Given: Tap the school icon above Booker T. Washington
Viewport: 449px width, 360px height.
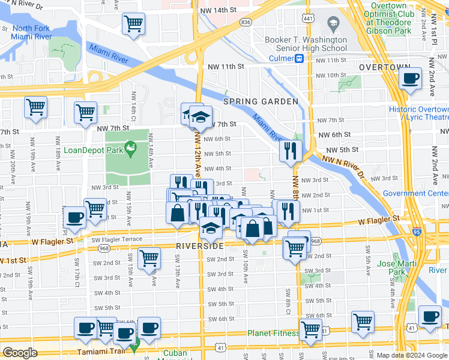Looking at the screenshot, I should tap(332, 25).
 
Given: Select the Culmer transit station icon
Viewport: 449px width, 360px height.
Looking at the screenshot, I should tap(298, 59).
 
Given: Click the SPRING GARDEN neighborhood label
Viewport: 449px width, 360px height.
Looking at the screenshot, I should tap(261, 102).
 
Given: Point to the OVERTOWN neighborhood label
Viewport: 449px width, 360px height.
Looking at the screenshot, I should tap(384, 68).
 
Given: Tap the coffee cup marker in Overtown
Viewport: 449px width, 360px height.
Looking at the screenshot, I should tap(411, 78).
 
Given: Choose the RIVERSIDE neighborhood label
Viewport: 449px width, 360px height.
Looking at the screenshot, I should tap(199, 246).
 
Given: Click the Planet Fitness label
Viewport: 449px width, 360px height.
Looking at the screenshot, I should tap(273, 333).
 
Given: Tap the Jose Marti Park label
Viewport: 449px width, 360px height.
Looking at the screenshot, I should tap(393, 268).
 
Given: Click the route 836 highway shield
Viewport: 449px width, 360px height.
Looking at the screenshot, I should tap(245, 22).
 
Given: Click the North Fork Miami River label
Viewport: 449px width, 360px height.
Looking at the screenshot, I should tap(31, 33).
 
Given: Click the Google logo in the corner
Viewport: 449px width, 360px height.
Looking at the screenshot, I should tap(20, 353).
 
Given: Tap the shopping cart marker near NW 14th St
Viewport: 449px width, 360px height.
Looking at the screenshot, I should tap(133, 25).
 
